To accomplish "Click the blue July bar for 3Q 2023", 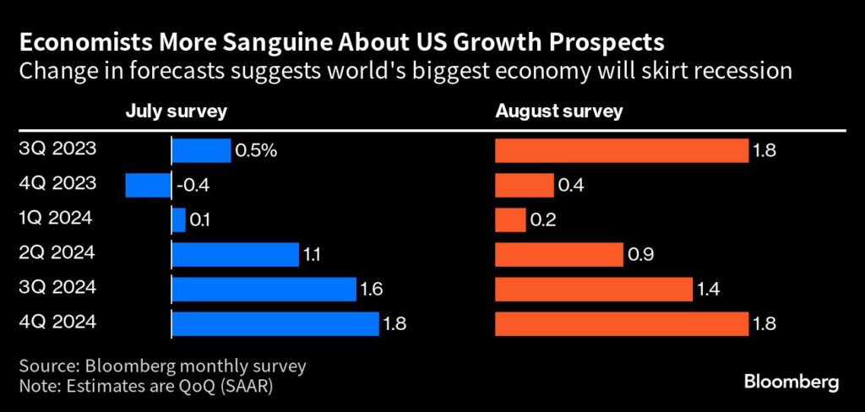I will pyautogui.click(x=201, y=150).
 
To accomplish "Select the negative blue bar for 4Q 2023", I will pyautogui.click(x=148, y=185).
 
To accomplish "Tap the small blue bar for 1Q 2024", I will pyautogui.click(x=178, y=220).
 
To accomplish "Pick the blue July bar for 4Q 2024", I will pyautogui.click(x=275, y=323).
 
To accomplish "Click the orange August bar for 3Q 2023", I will pyautogui.click(x=621, y=150).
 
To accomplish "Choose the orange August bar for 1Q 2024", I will pyautogui.click(x=510, y=220).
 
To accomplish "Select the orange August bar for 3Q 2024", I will pyautogui.click(x=593, y=289).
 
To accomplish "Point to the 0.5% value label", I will pyautogui.click(x=256, y=151).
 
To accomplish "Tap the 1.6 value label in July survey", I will pyautogui.click(x=373, y=290).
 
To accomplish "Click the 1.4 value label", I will pyautogui.click(x=708, y=290).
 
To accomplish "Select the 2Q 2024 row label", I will pyautogui.click(x=57, y=252).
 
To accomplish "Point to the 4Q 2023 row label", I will pyautogui.click(x=57, y=183).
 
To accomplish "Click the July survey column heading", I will pyautogui.click(x=176, y=111).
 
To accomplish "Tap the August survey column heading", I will pyautogui.click(x=558, y=111).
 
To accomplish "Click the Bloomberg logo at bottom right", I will pyautogui.click(x=792, y=382).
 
